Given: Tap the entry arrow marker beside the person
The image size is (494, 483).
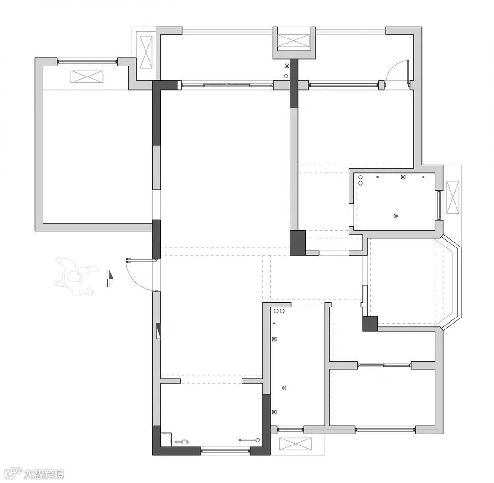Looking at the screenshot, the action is pos(110,279).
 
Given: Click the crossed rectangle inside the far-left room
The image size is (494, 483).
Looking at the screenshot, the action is pos(87,77).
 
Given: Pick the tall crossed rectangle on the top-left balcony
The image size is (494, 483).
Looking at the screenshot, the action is pos(145,52).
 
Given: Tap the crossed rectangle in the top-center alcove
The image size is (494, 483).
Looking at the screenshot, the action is pos(294,41).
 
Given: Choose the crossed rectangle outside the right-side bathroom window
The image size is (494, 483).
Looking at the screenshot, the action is pos(453,198).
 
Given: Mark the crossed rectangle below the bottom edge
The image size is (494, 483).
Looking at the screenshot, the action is pos(295,444).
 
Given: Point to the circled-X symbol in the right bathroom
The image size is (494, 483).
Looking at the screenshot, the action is pos(396,216).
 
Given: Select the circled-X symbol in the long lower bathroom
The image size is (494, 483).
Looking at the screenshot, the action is pos(284,388).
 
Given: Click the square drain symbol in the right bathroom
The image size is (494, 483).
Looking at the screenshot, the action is pos(403,177).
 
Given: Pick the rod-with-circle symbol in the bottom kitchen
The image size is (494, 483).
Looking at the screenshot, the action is pos(249,440).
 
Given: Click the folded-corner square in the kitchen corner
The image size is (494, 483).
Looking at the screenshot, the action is pos(166,439).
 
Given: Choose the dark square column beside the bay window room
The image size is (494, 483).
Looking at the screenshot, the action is pos(370,324).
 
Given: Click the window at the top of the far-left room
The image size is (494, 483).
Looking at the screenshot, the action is pos(87,61).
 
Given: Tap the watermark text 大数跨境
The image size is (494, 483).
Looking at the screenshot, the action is pos(44,474).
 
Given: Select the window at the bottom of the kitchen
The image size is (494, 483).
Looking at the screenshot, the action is pos(225,451).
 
